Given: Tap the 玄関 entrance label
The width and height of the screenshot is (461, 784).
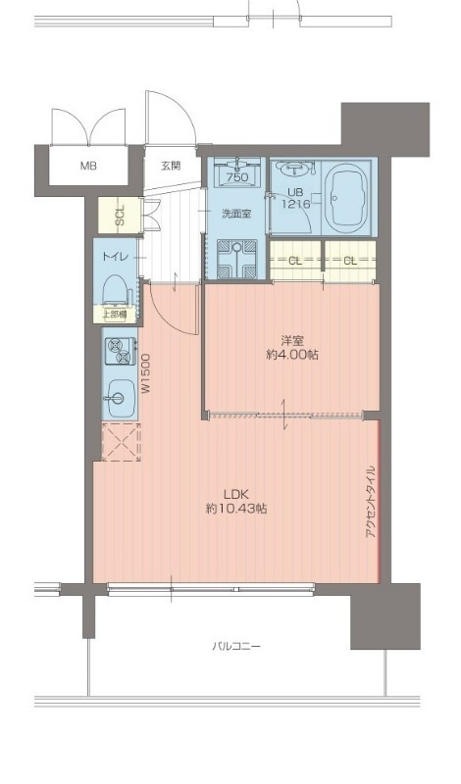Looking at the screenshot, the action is (x=171, y=166).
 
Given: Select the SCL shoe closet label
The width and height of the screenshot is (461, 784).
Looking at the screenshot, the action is (x=120, y=215).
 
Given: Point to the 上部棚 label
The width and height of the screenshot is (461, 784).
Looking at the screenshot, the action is (x=114, y=315).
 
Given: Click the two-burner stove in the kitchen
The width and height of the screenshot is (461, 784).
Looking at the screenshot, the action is (x=120, y=351).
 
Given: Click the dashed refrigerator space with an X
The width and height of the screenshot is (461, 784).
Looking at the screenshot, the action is (x=121, y=442).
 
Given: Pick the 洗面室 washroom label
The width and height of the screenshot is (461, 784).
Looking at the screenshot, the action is (x=236, y=214).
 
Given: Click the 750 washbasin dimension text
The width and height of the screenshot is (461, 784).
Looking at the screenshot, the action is (x=236, y=177).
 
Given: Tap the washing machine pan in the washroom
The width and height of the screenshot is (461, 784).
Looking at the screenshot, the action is (x=236, y=259).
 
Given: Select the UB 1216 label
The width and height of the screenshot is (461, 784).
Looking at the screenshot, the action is (x=296, y=198).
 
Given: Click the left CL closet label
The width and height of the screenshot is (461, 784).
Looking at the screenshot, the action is (x=295, y=260).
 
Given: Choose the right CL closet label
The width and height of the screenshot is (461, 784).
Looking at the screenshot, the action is (x=350, y=260).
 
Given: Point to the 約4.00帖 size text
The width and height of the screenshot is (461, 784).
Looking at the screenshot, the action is (x=292, y=356).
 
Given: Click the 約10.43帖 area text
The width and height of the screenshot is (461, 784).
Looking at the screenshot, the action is (x=235, y=509).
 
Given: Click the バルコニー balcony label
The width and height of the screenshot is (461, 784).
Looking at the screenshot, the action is (x=235, y=647).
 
